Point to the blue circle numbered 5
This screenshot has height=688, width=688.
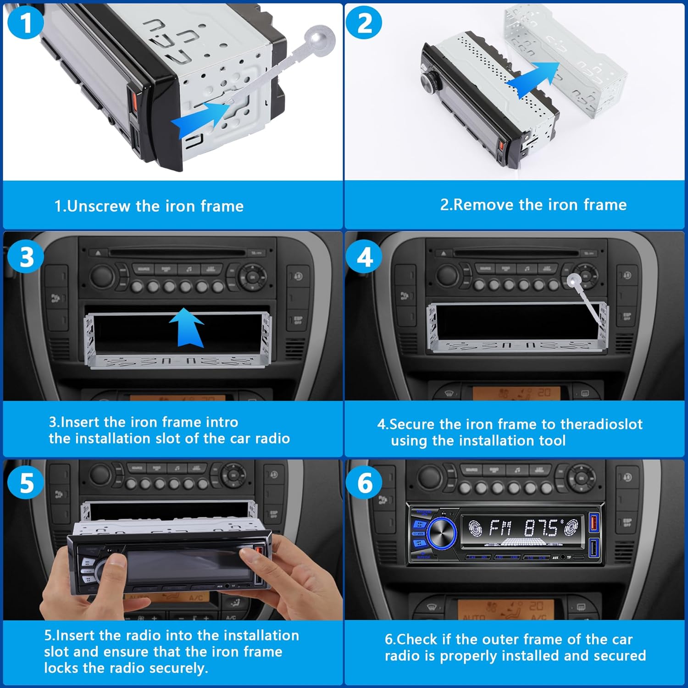coord(26,483)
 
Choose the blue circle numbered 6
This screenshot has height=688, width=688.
coord(364,483)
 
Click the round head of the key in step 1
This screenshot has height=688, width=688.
coord(321,38)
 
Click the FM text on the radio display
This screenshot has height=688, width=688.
coord(500,528)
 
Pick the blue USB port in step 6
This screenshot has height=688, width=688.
coord(594,549)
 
